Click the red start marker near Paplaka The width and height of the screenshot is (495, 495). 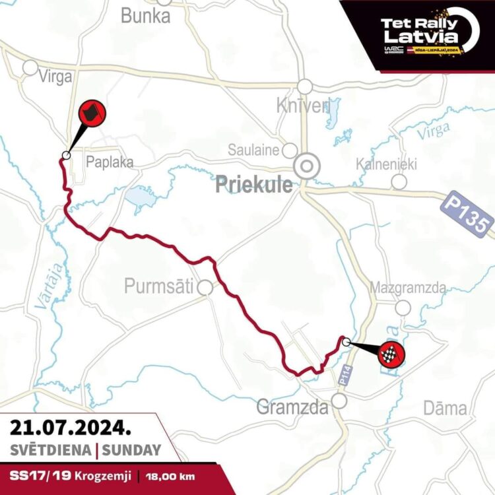pyautogui.click(x=92, y=114)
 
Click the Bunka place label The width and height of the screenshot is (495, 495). pyautogui.click(x=145, y=16)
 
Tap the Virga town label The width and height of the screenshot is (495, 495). pyautogui.click(x=55, y=77)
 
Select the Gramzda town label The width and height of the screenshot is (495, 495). pyautogui.click(x=292, y=408)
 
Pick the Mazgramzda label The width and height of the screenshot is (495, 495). pyautogui.click(x=408, y=288)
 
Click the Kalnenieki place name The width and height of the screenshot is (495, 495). pyautogui.click(x=386, y=164)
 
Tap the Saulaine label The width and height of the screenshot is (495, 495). pyautogui.click(x=253, y=150)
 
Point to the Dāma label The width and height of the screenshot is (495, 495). pyautogui.click(x=445, y=409)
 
